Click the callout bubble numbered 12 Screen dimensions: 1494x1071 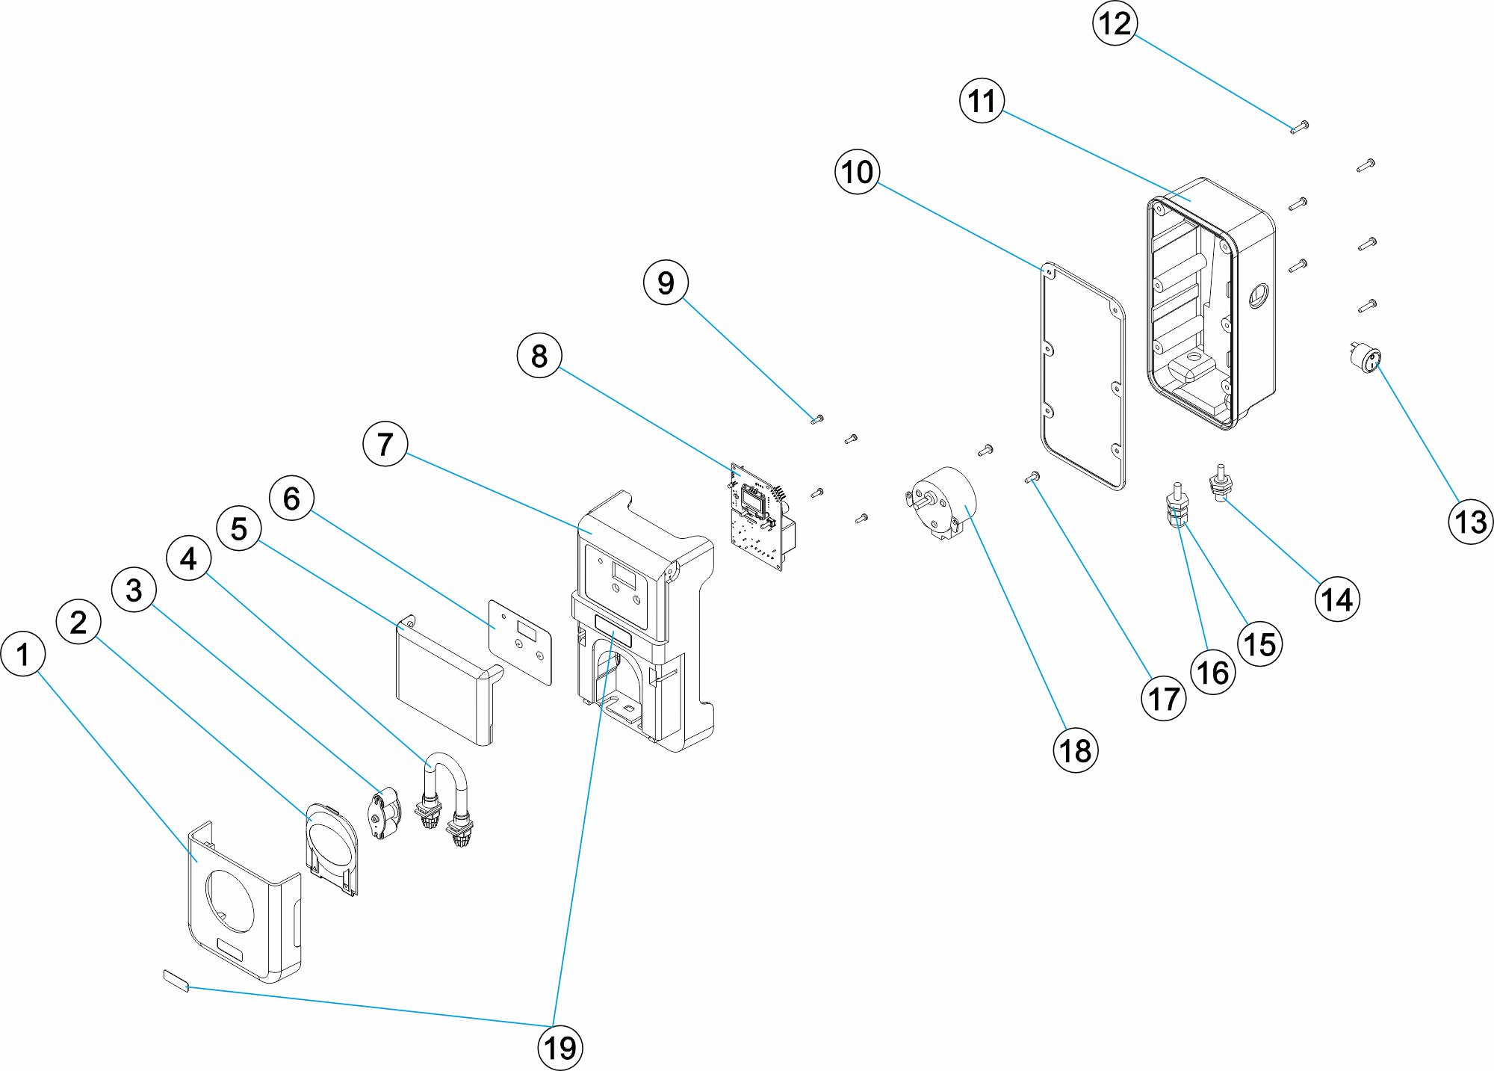1115,23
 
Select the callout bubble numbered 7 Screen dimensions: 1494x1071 385,444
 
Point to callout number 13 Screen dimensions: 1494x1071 1471,521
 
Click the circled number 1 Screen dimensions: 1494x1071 23,654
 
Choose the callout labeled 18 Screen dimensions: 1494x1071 1076,750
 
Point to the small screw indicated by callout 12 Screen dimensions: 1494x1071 1299,127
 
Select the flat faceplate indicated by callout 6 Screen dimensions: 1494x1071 521,641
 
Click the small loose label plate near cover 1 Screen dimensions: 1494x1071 176,980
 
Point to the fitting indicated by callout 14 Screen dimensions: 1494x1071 1221,484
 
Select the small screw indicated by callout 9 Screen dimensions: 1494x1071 816,419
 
